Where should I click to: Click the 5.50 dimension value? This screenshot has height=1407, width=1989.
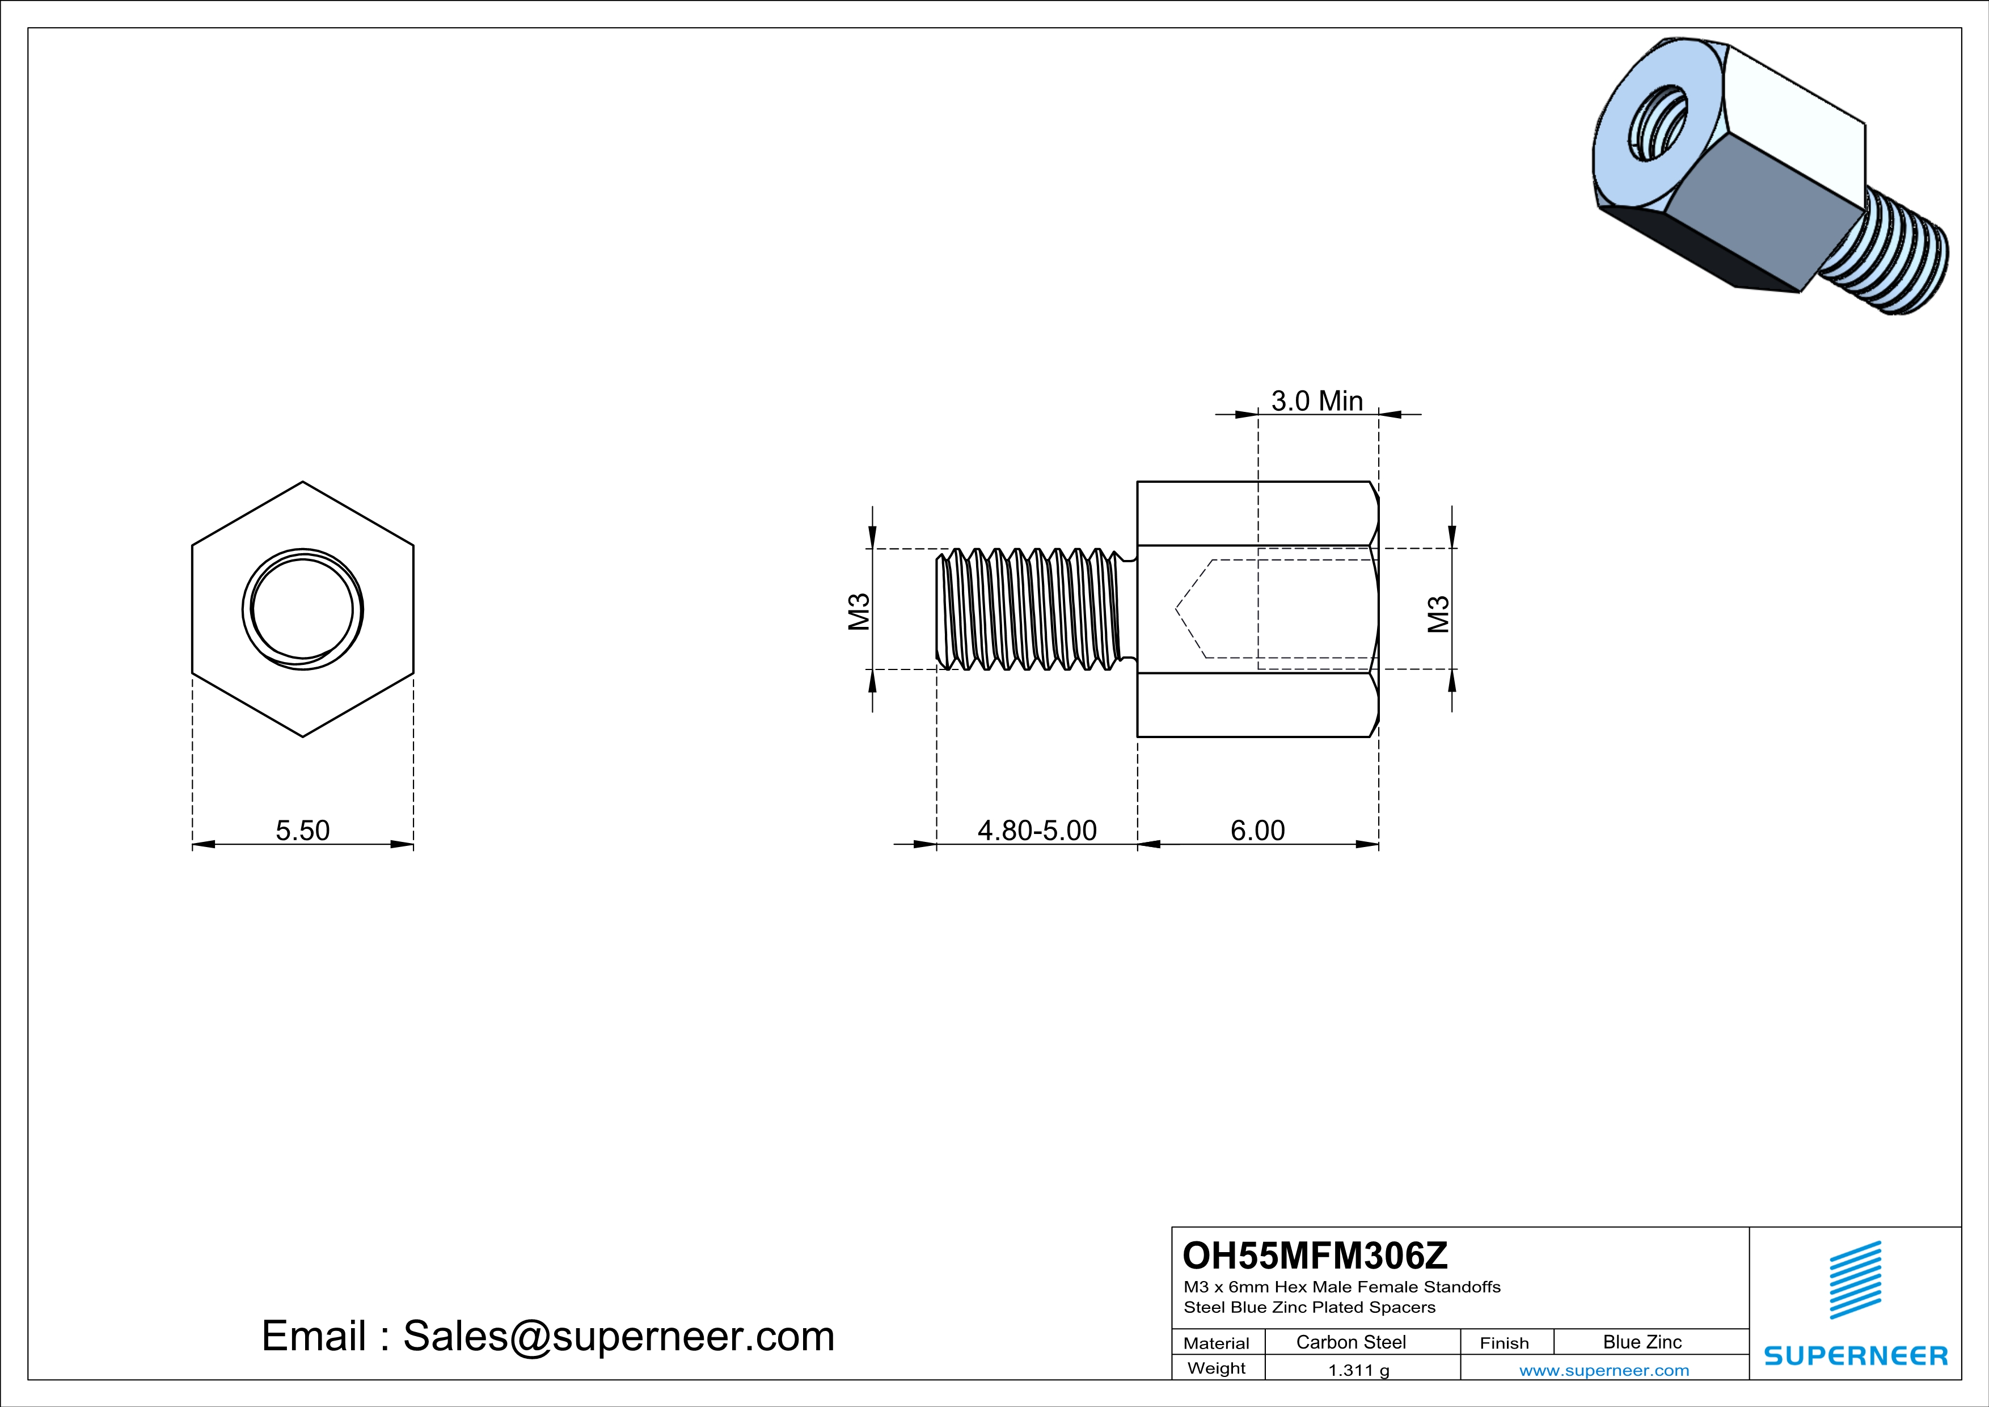[x=302, y=830]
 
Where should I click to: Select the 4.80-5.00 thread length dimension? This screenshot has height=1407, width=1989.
[x=1037, y=830]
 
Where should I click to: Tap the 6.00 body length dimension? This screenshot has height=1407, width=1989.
[x=1258, y=830]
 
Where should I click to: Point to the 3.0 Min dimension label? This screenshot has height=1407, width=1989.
[x=1317, y=401]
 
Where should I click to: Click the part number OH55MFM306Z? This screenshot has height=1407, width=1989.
[x=1315, y=1254]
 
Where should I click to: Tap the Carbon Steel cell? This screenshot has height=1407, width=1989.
[x=1350, y=1342]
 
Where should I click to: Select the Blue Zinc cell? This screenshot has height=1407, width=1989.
[x=1642, y=1342]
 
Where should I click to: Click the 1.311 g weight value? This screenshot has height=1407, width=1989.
[x=1358, y=1370]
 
